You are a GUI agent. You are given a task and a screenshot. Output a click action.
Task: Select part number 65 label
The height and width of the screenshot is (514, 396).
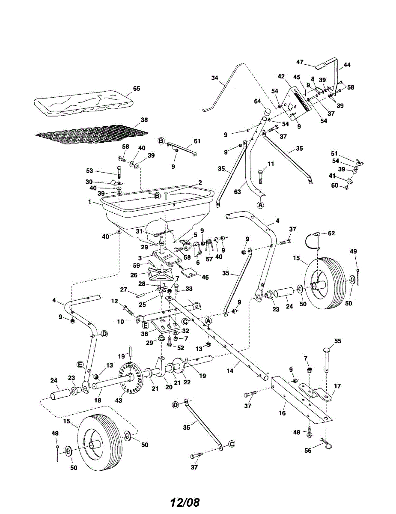tap(137, 89)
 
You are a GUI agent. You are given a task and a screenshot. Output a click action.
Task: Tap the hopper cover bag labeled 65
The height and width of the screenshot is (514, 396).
tap(81, 103)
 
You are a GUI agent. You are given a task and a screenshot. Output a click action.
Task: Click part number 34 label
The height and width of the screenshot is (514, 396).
tap(214, 78)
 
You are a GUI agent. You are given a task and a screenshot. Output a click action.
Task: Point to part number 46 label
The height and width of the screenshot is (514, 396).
tap(205, 278)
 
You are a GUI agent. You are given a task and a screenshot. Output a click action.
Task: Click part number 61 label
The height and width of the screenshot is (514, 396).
tap(197, 141)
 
